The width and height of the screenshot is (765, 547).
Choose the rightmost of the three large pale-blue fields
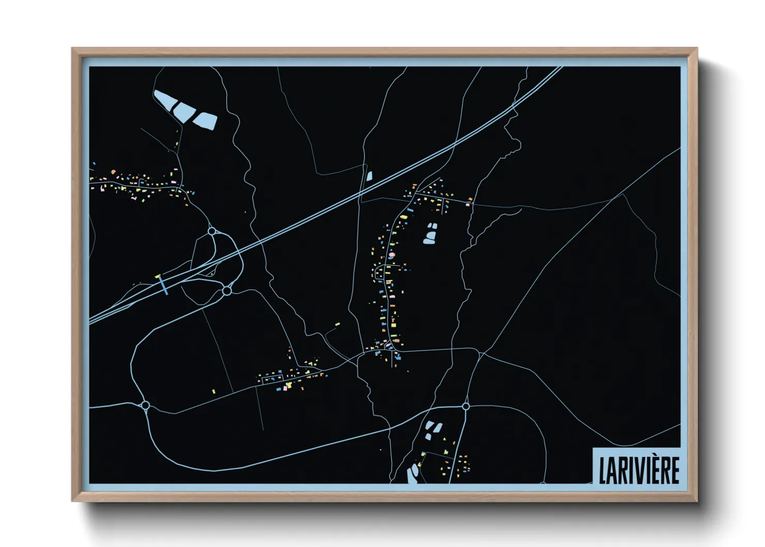(205, 121)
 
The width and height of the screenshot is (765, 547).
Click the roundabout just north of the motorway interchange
(211, 231)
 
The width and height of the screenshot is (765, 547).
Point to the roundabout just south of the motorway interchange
(227, 291)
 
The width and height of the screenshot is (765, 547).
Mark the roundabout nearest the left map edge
(145, 405)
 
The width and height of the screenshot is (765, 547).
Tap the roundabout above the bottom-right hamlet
(466, 407)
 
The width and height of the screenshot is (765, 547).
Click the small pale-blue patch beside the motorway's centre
(369, 175)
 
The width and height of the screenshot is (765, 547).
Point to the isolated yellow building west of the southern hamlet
(213, 391)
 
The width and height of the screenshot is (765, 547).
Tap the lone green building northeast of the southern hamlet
(338, 324)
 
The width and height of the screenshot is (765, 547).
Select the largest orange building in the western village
(113, 172)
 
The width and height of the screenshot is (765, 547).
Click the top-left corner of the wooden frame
(72, 49)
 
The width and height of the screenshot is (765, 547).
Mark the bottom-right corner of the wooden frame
(697, 500)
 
